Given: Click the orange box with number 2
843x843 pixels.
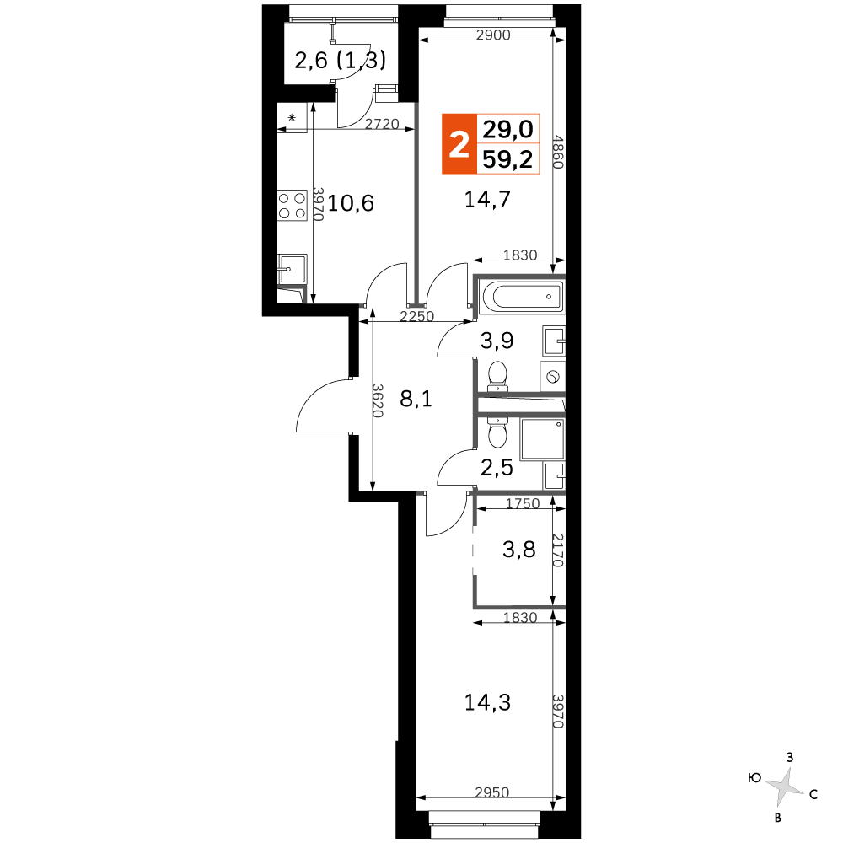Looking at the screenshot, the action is click(459, 144).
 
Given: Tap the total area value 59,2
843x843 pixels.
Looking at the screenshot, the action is click(507, 159).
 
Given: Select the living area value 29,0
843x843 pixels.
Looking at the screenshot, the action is click(507, 129).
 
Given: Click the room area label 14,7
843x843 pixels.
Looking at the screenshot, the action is click(487, 200).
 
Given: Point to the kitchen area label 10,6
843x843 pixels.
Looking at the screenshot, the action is click(351, 203).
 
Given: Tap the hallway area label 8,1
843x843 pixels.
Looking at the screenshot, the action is click(416, 400).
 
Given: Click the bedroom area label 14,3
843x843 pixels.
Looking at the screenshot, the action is click(487, 703).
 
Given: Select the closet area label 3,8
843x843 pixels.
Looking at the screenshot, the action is click(518, 550).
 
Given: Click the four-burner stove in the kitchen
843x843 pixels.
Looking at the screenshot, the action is click(292, 206).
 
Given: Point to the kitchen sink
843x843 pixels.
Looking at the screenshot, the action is click(292, 269).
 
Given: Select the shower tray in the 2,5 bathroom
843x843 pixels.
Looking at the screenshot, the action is click(542, 439).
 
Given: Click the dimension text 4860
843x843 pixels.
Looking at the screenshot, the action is click(558, 152).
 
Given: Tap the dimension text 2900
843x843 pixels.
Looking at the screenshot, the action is click(493, 35).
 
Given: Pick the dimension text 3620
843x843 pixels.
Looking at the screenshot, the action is click(378, 400).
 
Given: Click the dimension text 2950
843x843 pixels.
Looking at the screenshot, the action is click(492, 792).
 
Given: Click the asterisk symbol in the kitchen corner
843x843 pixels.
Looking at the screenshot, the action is click(292, 117).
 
